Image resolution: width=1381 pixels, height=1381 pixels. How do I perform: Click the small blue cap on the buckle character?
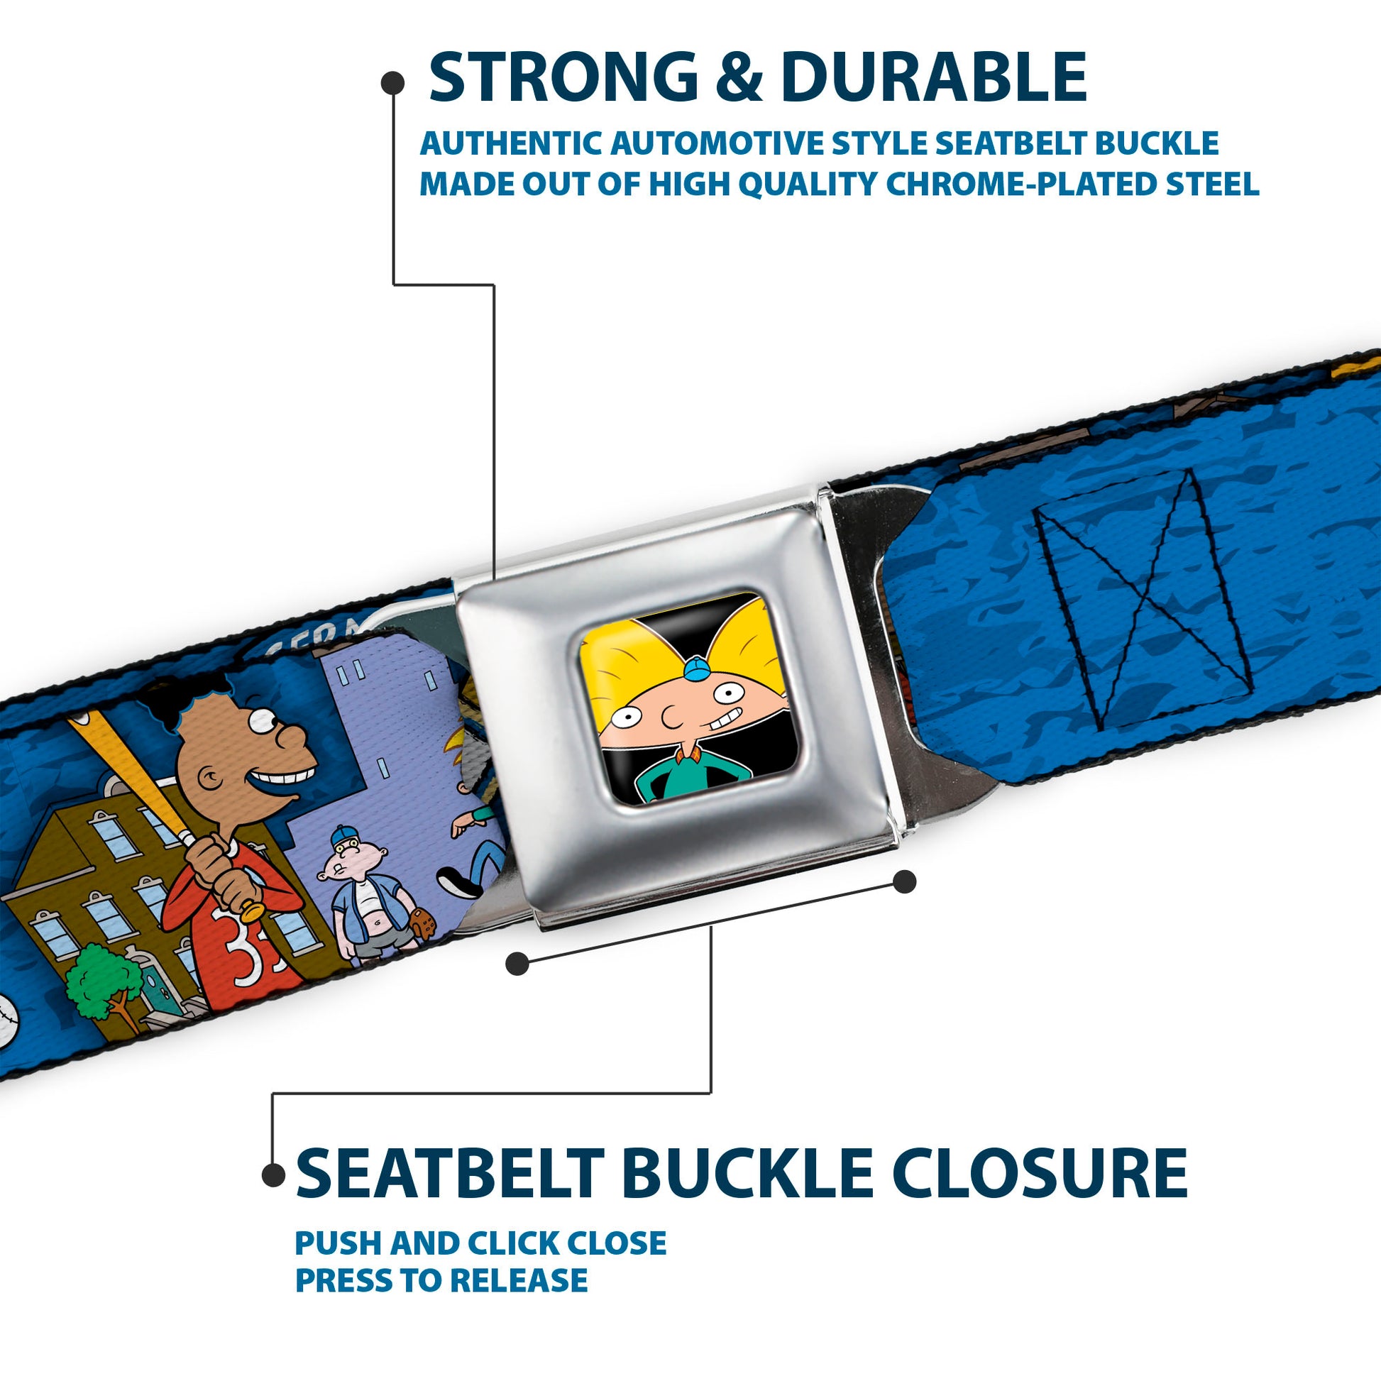[695, 669]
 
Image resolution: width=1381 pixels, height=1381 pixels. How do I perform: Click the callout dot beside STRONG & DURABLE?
[392, 83]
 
